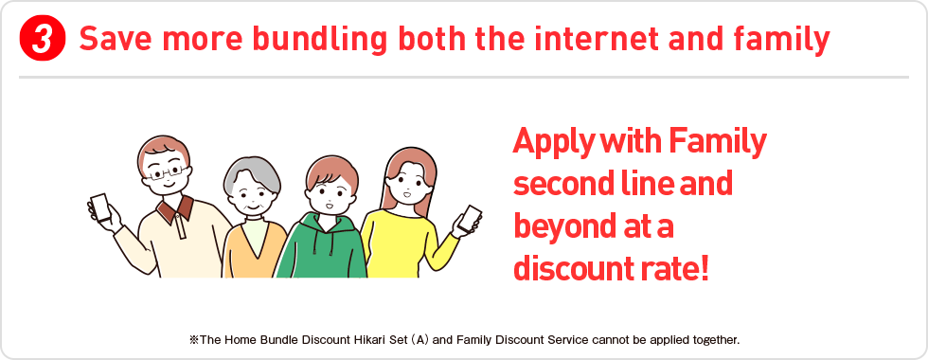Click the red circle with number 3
pyautogui.click(x=42, y=40)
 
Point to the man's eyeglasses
pyautogui.click(x=167, y=172)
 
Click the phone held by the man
pyautogui.click(x=100, y=207)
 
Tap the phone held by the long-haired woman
pyautogui.click(x=470, y=219)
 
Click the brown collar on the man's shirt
pyautogui.click(x=175, y=208)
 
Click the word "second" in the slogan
pyautogui.click(x=556, y=184)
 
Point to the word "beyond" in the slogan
pyautogui.click(x=557, y=228)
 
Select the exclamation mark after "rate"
pyautogui.click(x=704, y=269)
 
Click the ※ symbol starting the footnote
pyautogui.click(x=194, y=340)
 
